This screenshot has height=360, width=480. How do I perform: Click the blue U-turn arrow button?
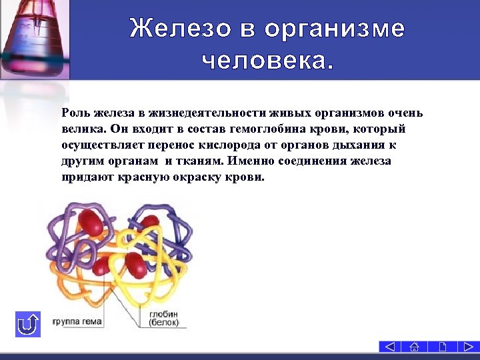tap(28, 325)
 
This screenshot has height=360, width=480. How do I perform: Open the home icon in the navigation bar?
tap(414, 347)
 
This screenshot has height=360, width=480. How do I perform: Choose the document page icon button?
tap(441, 347)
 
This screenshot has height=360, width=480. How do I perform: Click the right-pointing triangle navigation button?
tap(466, 347)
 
